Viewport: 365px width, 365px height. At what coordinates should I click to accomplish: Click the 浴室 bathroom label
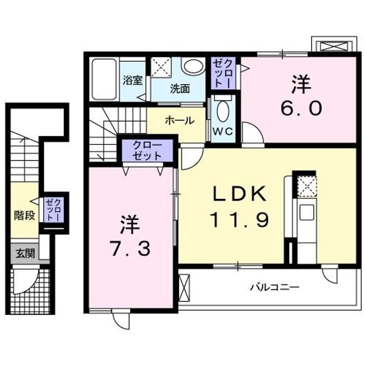tap(133, 81)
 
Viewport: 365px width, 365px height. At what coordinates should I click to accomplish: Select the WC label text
tap(222, 131)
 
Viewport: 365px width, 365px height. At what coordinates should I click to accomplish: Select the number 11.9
tap(239, 220)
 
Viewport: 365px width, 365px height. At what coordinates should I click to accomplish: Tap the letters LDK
tap(239, 194)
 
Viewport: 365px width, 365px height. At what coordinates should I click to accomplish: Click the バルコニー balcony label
tap(274, 287)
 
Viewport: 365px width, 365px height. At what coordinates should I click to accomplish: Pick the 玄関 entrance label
tap(24, 253)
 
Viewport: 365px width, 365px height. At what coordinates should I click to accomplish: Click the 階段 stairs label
tap(24, 215)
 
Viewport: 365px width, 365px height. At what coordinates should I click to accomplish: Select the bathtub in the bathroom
tap(104, 80)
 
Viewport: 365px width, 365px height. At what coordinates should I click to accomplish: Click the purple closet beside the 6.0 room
tap(224, 74)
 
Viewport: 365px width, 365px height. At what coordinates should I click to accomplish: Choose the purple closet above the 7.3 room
tap(148, 151)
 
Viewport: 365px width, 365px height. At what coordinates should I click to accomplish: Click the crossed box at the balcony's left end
tap(184, 289)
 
